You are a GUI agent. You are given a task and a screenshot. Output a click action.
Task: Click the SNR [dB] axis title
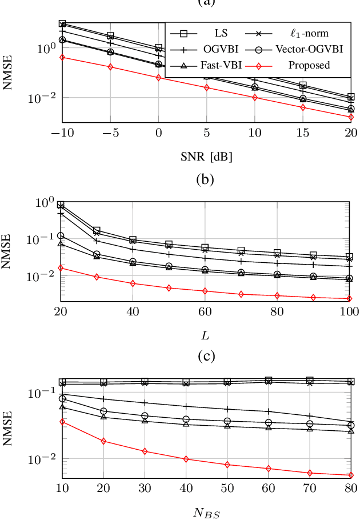(x=206, y=155)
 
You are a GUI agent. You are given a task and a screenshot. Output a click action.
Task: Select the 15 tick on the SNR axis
(x=303, y=133)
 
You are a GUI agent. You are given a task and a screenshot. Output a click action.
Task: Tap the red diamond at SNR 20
(x=350, y=117)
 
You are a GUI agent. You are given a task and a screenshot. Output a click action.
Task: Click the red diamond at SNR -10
(x=62, y=57)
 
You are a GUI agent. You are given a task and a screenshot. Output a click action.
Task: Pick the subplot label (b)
(x=205, y=179)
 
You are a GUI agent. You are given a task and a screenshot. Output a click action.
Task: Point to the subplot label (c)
(x=205, y=356)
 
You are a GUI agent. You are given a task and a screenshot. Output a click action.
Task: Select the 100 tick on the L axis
(x=349, y=312)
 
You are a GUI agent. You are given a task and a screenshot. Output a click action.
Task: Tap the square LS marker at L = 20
(x=61, y=205)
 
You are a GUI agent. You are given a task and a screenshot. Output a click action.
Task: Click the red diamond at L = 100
(x=349, y=298)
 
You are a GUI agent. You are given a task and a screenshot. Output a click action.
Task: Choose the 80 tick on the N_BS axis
(x=350, y=489)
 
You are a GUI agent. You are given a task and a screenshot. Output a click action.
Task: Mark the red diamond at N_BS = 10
(x=62, y=422)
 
